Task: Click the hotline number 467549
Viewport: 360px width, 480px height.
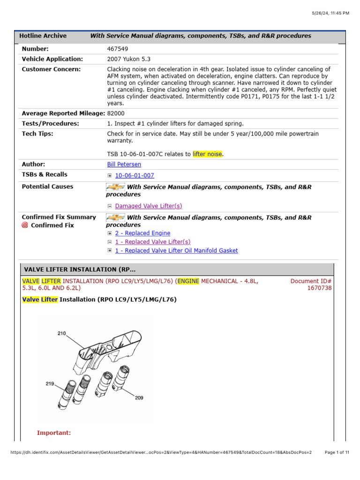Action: tap(118, 49)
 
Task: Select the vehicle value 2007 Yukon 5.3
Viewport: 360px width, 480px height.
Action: tap(129, 59)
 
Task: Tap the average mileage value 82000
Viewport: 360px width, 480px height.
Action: tap(116, 113)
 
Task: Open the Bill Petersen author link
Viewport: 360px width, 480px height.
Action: tap(124, 165)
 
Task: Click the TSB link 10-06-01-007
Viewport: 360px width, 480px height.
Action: tap(135, 176)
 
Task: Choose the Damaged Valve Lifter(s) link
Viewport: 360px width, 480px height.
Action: tap(149, 206)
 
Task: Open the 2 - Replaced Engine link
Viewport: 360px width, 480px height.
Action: tap(142, 233)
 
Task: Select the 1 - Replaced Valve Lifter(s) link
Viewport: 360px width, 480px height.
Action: tap(153, 242)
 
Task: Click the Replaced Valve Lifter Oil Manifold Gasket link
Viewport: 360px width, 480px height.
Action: tap(176, 251)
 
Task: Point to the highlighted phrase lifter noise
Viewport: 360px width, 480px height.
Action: tap(207, 154)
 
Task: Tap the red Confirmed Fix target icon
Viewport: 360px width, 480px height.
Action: tap(25, 225)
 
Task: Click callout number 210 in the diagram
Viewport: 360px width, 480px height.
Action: tap(61, 334)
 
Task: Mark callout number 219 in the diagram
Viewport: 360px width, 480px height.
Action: tap(50, 384)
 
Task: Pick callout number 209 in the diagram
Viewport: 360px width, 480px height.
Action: tap(139, 398)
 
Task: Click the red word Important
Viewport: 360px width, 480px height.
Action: tap(54, 433)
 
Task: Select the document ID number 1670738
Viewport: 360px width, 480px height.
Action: tap(319, 288)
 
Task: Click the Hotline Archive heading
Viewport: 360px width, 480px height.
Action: tap(43, 36)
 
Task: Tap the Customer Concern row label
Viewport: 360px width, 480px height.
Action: tap(51, 69)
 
